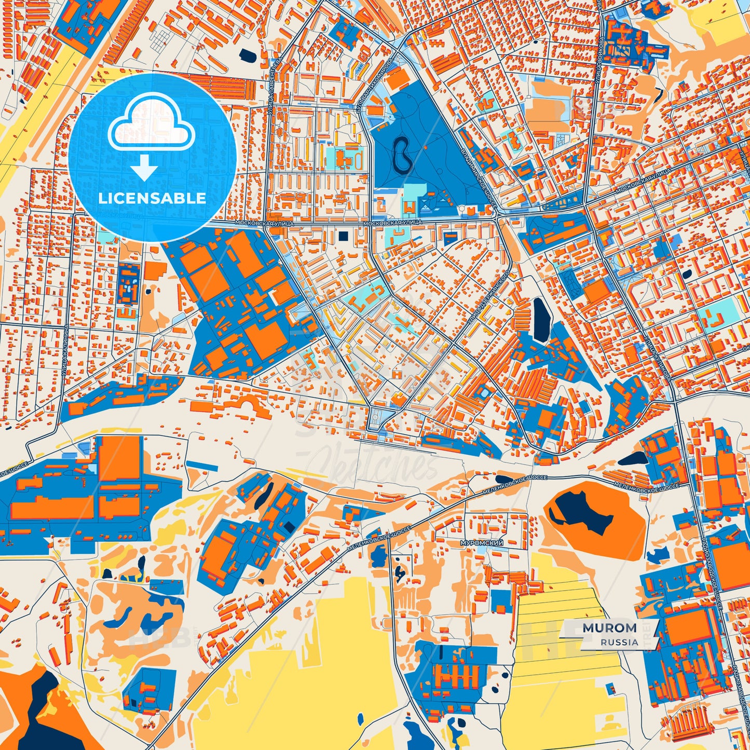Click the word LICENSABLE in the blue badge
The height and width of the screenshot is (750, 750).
[152, 198]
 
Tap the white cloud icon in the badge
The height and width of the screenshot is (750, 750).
[151, 127]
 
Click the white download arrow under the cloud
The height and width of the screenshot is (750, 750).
[145, 168]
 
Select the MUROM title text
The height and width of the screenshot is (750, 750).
[609, 628]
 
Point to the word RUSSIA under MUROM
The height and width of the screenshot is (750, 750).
[620, 642]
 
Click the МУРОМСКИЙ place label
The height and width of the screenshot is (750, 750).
[482, 543]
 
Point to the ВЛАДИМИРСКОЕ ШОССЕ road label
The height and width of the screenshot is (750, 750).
[479, 177]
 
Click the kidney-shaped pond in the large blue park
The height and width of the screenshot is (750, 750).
[403, 154]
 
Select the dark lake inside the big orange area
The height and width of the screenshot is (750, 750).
[584, 510]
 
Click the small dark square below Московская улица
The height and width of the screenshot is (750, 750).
[343, 236]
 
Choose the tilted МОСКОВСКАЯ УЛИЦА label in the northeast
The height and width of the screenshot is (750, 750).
[644, 181]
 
